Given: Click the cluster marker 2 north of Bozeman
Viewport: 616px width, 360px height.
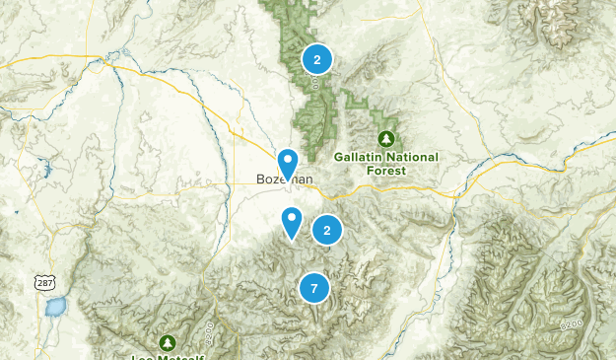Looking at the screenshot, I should click(316, 59).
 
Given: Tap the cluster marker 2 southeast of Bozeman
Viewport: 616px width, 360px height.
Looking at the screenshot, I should click(327, 230).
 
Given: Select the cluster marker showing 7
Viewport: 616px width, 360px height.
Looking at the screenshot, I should click(313, 288).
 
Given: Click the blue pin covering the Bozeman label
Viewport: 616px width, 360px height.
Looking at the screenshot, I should click(288, 162).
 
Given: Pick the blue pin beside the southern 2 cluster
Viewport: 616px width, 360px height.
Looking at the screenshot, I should click(292, 222).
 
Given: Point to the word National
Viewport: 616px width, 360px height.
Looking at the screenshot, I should click(411, 156).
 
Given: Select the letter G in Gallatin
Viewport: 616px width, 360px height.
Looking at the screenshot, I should click(338, 156).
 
